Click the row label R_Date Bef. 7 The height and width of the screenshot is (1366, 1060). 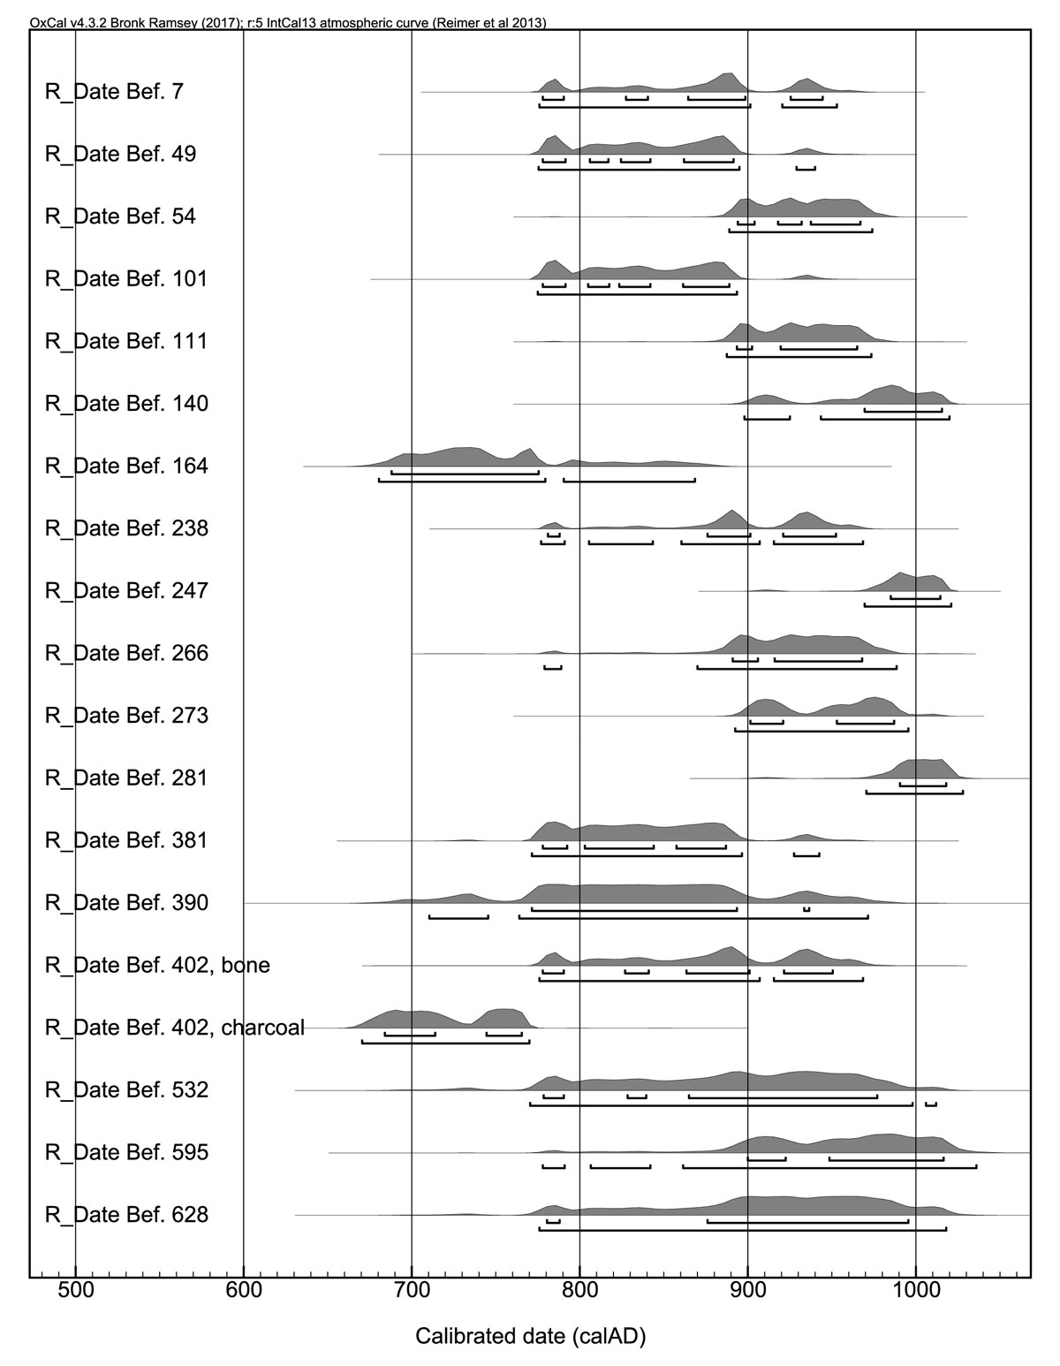tap(114, 91)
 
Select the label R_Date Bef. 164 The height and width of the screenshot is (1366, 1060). tap(126, 466)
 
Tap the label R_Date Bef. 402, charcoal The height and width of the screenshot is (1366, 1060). tap(174, 1028)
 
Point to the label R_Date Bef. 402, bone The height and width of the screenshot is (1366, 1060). tap(157, 966)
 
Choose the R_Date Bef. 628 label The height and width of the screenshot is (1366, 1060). tap(126, 1215)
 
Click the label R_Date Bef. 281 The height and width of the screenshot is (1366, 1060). tap(126, 778)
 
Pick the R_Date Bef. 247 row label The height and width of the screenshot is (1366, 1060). tap(126, 590)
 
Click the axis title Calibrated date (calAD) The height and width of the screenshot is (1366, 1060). tap(531, 1337)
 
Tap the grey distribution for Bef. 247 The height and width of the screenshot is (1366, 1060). tap(901, 582)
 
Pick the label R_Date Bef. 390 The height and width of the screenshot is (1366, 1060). tap(126, 903)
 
